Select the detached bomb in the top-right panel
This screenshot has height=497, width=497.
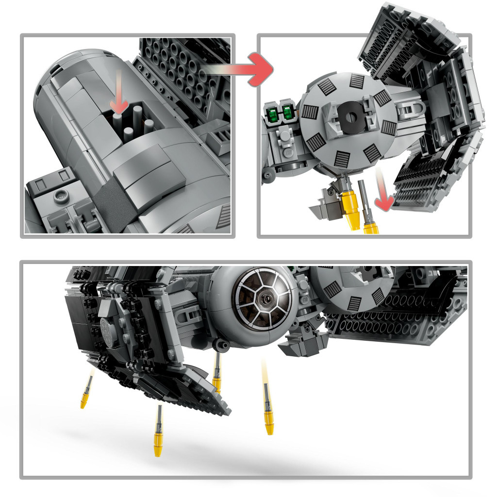tap(367, 209)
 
